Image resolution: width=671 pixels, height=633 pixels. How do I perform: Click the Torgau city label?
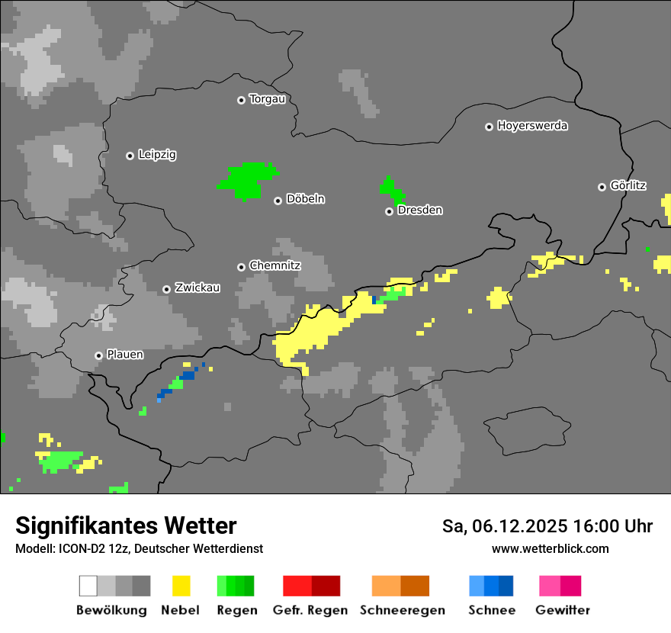(x=267, y=99)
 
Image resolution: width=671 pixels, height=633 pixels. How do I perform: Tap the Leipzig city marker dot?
(x=130, y=156)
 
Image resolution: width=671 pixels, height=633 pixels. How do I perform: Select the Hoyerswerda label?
(x=532, y=126)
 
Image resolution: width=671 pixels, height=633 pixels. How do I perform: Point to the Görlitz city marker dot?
(x=602, y=187)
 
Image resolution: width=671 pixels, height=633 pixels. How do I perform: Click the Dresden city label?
(x=419, y=210)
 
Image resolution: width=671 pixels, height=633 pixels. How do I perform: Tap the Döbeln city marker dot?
(x=278, y=201)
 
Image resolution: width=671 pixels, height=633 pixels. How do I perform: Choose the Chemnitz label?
(x=274, y=266)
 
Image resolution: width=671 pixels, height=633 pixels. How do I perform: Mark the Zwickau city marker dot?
(x=166, y=289)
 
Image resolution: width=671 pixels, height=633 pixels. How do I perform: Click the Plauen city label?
(x=125, y=355)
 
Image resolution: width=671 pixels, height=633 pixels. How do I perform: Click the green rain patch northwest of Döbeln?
(x=248, y=179)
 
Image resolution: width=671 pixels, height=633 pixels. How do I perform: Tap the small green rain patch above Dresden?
(x=391, y=188)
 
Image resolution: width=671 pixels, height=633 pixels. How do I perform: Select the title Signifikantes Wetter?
(x=126, y=525)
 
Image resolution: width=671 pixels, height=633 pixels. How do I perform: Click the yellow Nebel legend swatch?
(x=181, y=586)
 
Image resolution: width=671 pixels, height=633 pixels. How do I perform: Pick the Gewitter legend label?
(x=562, y=610)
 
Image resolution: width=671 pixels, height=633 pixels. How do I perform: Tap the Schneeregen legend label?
(x=403, y=610)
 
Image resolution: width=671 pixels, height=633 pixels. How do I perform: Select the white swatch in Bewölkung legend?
(x=88, y=586)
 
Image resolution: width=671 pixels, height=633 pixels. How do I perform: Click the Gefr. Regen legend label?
(x=310, y=610)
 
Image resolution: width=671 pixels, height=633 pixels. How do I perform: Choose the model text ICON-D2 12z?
(x=88, y=548)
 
